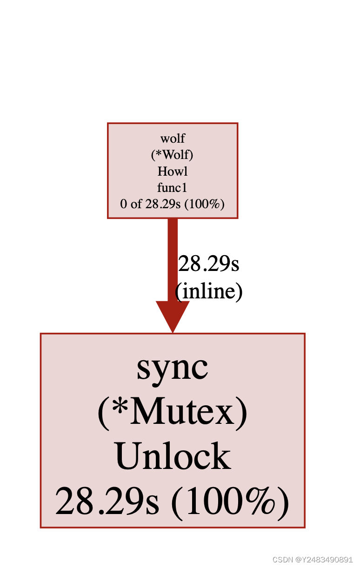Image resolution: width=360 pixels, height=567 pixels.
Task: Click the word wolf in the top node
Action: pos(173,138)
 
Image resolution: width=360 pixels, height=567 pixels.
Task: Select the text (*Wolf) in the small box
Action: pos(173,155)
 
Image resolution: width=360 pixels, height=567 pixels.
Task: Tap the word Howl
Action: pos(173,171)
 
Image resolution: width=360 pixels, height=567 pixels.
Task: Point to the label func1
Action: pos(173,187)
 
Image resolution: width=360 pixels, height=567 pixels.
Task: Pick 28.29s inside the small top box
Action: pos(162,204)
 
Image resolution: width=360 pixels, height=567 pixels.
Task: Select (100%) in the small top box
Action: pos(204,204)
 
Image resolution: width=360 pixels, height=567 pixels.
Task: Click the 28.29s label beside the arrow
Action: pos(209,264)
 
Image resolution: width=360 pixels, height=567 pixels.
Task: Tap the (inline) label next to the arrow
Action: pos(209,291)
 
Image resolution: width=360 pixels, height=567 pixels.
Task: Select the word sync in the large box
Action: pos(173,368)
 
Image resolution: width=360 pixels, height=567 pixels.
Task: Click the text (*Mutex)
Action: pos(173,413)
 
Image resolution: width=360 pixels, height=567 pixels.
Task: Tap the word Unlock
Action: pos(173,456)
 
